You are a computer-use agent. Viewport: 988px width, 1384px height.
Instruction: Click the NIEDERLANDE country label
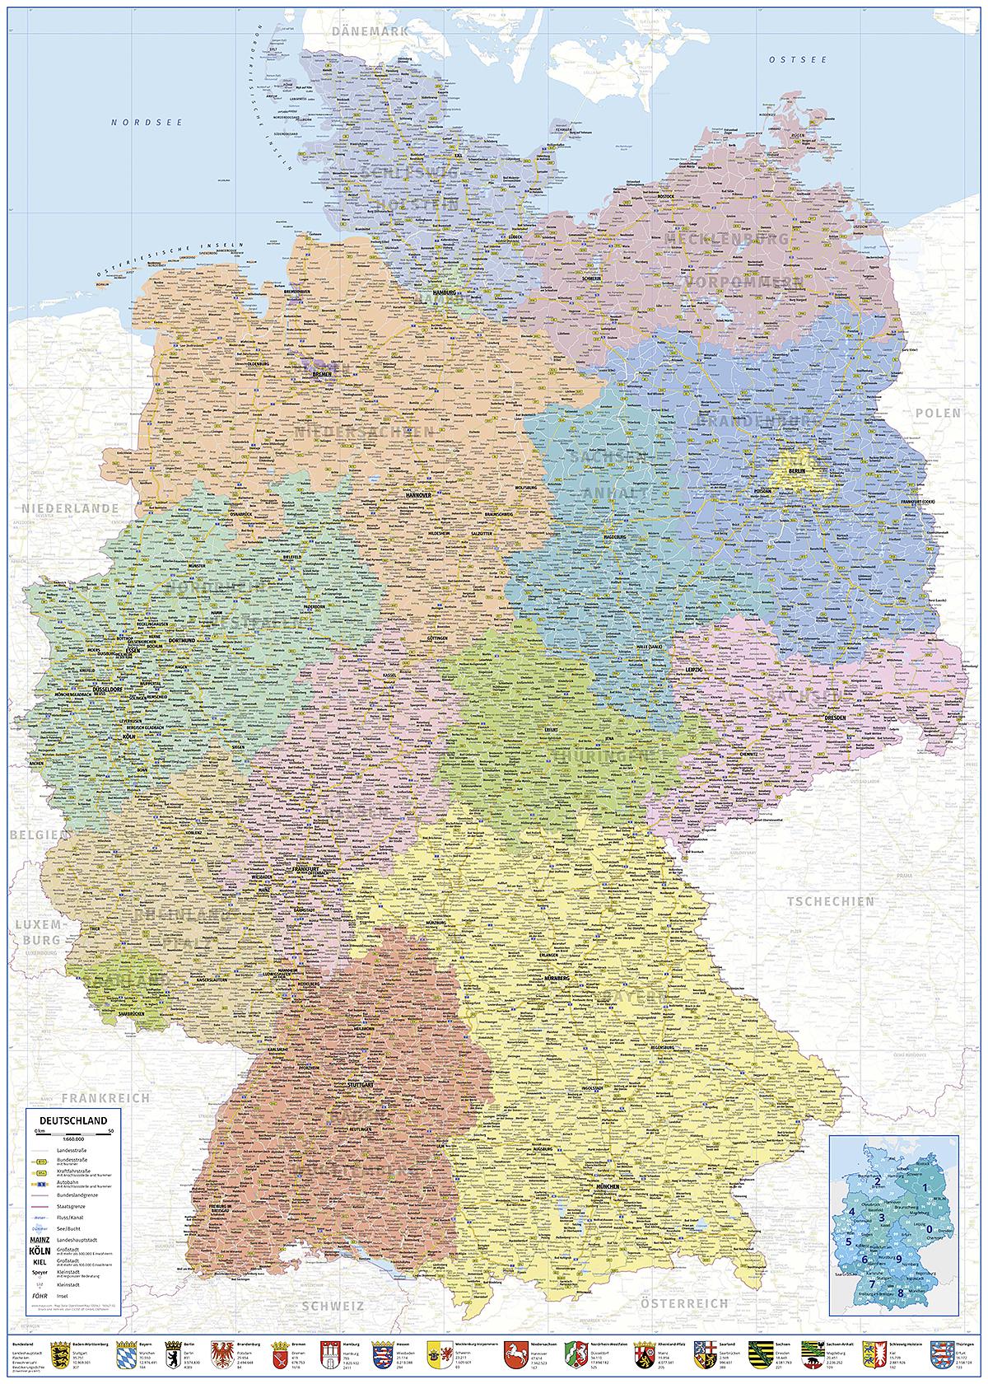[x=71, y=508]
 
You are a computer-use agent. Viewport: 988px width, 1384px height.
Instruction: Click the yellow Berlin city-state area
[x=796, y=470]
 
